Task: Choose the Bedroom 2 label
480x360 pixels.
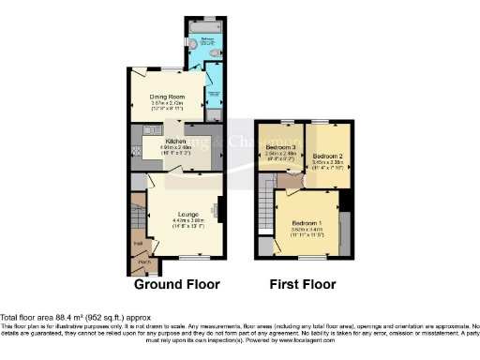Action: (326, 156)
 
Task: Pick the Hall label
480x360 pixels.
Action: (138, 242)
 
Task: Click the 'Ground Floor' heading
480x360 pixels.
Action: (177, 284)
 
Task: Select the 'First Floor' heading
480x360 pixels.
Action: (302, 284)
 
